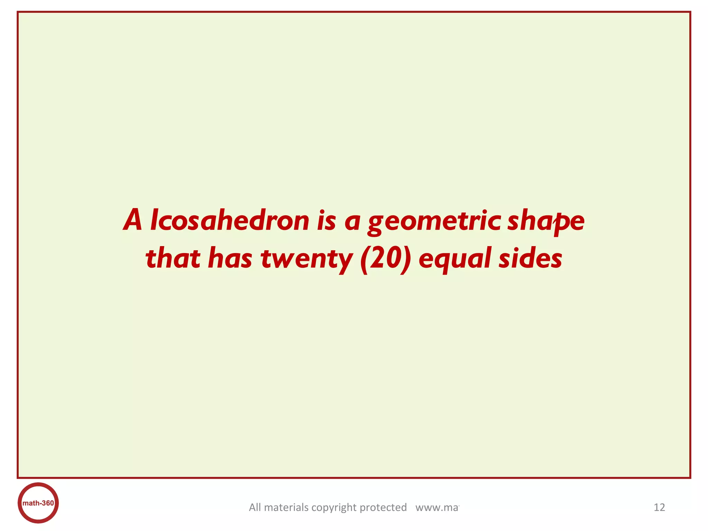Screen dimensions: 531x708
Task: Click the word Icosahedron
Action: [230, 221]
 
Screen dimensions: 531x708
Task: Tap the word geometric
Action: [434, 221]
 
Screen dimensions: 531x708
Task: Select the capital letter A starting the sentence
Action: [133, 221]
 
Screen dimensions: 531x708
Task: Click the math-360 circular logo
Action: [38, 503]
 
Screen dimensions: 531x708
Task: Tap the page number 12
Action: [659, 507]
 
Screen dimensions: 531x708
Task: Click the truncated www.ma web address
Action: [437, 507]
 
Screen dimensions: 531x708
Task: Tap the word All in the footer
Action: [255, 507]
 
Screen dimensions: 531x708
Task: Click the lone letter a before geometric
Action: [352, 222]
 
